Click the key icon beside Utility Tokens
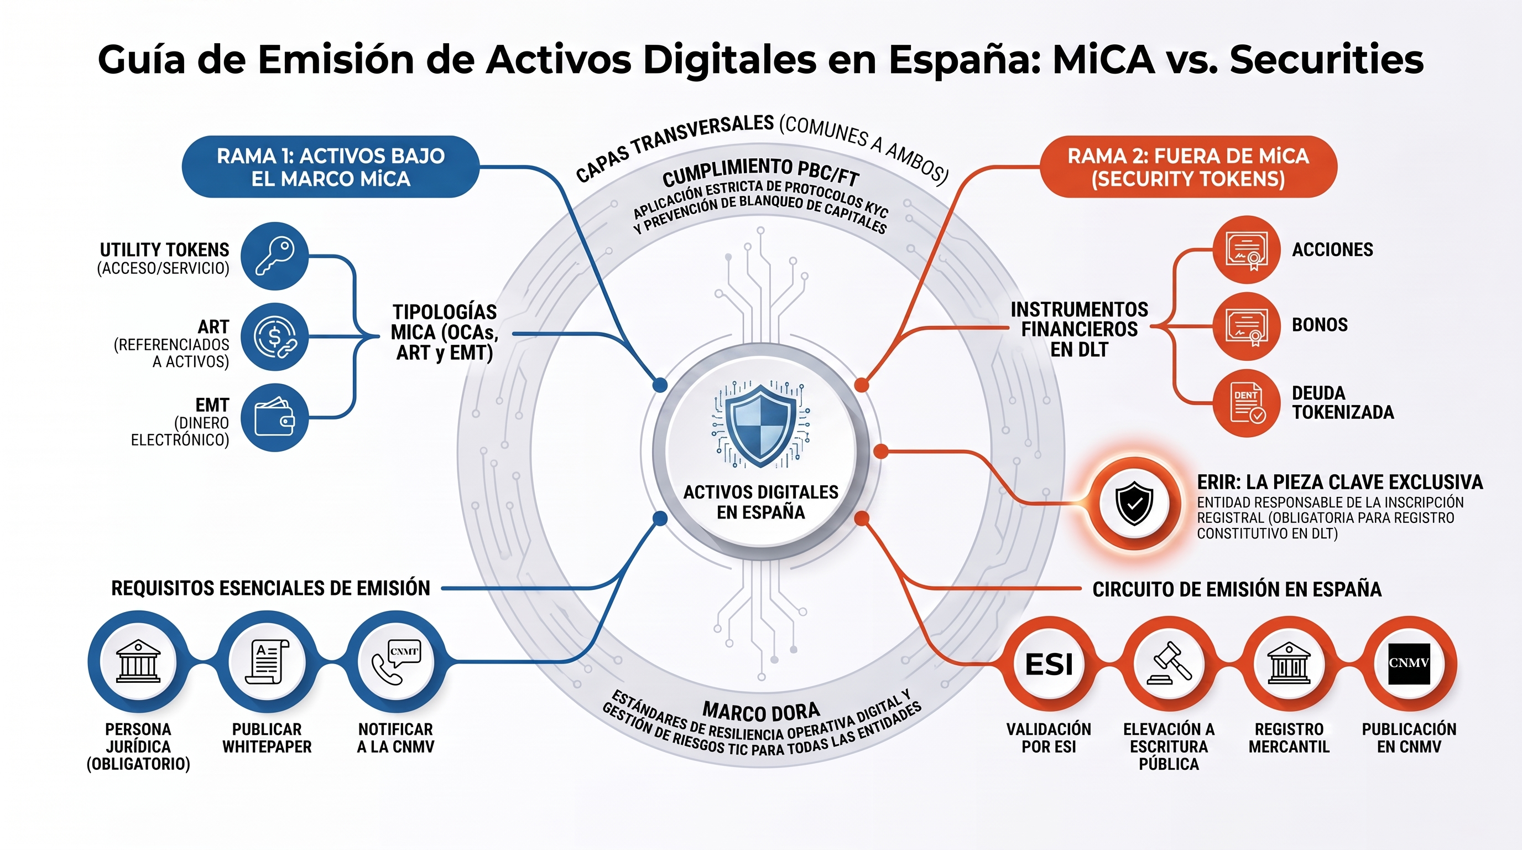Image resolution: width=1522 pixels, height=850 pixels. click(275, 256)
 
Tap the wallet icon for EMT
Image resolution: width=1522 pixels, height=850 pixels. click(275, 418)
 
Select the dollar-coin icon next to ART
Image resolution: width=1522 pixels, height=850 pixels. click(275, 337)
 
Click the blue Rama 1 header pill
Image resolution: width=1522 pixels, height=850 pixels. click(330, 167)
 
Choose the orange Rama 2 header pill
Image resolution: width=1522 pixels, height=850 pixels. click(1188, 167)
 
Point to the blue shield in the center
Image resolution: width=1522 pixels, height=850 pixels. click(761, 426)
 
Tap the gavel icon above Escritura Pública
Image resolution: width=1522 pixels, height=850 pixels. click(1169, 663)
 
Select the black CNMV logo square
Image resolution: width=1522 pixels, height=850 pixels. click(1409, 663)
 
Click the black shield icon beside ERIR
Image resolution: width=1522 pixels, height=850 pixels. click(1134, 503)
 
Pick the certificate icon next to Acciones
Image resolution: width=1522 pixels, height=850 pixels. click(1247, 250)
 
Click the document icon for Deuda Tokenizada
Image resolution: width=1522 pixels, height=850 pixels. click(1247, 404)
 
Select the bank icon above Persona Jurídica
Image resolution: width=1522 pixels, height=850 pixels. click(138, 662)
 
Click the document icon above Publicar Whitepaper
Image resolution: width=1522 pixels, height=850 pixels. click(267, 662)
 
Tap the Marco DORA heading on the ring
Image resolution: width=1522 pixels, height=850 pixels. click(761, 712)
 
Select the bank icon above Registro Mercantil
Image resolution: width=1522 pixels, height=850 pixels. click(1289, 663)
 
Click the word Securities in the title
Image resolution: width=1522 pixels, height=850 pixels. click(1327, 59)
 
